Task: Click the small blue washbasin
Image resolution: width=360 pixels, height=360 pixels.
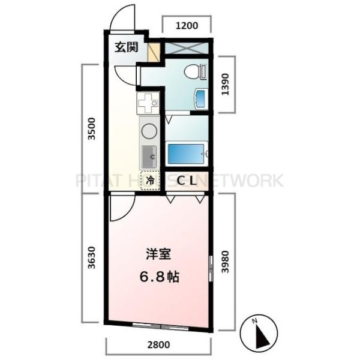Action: pos(201,99)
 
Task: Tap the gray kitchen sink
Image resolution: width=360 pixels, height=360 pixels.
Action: pos(149,157)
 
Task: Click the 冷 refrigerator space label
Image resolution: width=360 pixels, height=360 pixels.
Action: pos(150,179)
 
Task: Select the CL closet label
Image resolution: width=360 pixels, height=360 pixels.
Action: pos(184,179)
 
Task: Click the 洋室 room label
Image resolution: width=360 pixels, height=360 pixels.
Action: pos(158,254)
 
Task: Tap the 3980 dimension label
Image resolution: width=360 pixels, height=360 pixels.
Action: pos(226,262)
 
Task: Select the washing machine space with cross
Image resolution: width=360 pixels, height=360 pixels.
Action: pos(187,49)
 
